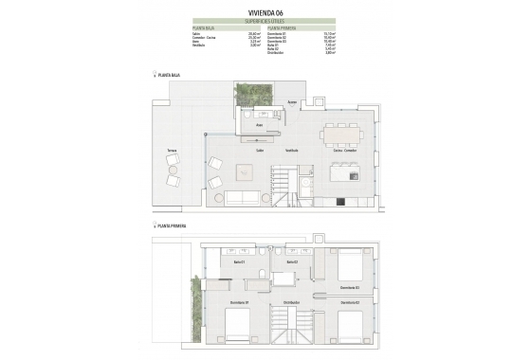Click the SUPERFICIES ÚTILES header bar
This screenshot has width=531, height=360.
pyautogui.click(x=265, y=20)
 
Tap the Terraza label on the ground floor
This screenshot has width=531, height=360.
pyautogui.click(x=173, y=151)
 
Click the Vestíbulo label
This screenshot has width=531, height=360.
pyautogui.click(x=291, y=150)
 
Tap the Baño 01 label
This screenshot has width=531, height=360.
pyautogui.click(x=239, y=261)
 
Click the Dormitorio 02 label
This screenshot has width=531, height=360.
pyautogui.click(x=350, y=302)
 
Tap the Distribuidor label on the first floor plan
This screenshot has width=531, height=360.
pyautogui.click(x=291, y=302)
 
